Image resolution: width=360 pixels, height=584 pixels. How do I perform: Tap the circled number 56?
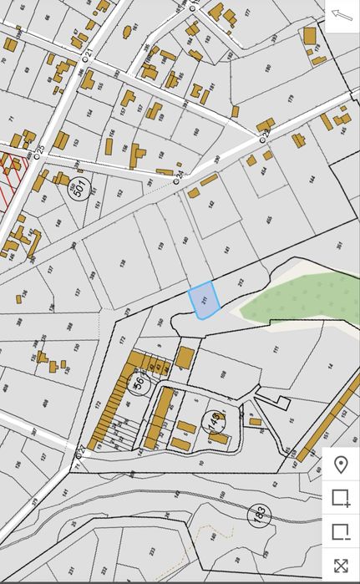(x=139, y=384)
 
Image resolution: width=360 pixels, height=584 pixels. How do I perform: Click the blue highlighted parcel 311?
(x=204, y=301)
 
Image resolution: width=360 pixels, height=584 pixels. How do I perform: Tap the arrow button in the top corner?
(x=342, y=15)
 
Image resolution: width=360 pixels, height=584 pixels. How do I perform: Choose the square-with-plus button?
(x=340, y=498)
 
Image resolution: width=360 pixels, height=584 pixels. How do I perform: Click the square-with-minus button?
(x=340, y=531)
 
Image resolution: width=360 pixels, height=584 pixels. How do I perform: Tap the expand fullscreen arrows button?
(x=340, y=565)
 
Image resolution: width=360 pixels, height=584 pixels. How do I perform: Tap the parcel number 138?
(x=123, y=263)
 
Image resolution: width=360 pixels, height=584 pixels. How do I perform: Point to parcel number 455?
(x=268, y=220)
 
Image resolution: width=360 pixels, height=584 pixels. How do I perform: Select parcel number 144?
(x=311, y=178)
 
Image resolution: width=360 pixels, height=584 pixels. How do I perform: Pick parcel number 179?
(x=291, y=99)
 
